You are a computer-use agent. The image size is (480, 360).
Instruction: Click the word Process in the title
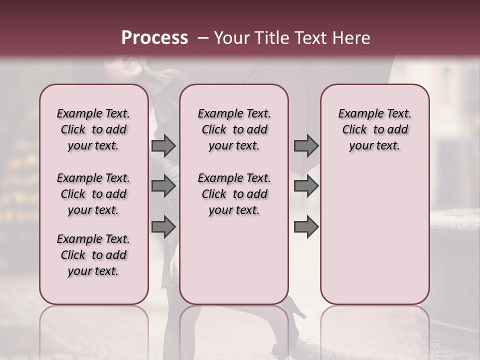coord(154,38)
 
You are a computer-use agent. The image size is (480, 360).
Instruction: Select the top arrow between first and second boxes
coord(163,145)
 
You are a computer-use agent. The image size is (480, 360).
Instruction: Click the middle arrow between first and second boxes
coord(163,186)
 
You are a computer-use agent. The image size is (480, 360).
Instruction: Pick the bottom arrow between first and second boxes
coord(163,226)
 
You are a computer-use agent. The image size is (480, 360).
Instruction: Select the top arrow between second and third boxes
coord(306,145)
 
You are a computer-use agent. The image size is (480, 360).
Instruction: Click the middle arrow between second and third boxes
coord(306,186)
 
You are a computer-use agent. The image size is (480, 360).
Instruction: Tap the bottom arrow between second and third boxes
coord(306,226)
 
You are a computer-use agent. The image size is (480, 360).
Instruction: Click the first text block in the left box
coord(93,129)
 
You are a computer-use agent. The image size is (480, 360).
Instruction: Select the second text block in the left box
coord(93,194)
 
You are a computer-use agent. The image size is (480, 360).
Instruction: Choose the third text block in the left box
coord(93,255)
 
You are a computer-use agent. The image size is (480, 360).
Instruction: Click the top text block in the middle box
coord(234,129)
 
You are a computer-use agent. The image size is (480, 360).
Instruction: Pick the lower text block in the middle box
coord(234,194)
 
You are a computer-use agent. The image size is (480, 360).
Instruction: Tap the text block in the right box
coord(374,129)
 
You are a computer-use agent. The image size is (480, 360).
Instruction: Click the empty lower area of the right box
coord(374,235)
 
